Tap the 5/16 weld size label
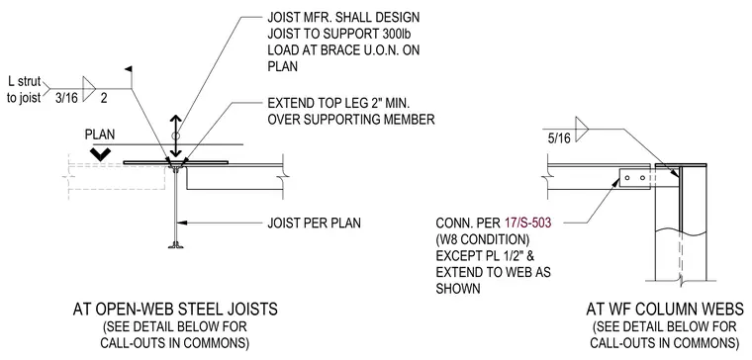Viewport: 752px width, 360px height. coord(559,139)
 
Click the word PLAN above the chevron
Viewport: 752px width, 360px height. coord(100,135)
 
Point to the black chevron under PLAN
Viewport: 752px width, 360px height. coord(101,154)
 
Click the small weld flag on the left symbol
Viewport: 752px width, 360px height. coord(129,70)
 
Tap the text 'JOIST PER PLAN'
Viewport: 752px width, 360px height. coord(314,223)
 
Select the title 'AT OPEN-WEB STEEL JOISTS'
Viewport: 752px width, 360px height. coord(175,310)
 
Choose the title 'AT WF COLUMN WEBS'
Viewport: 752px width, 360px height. coord(665,310)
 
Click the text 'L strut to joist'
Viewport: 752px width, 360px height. coord(24,90)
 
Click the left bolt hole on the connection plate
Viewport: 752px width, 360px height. coord(628,178)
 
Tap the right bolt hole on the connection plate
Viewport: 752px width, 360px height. coord(642,178)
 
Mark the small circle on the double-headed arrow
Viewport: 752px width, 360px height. coord(176,135)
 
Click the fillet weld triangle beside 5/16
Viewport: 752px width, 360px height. coord(581,129)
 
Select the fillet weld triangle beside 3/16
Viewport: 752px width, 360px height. coord(89,89)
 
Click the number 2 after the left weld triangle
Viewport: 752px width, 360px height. coord(104,99)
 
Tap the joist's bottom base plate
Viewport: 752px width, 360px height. coord(176,247)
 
